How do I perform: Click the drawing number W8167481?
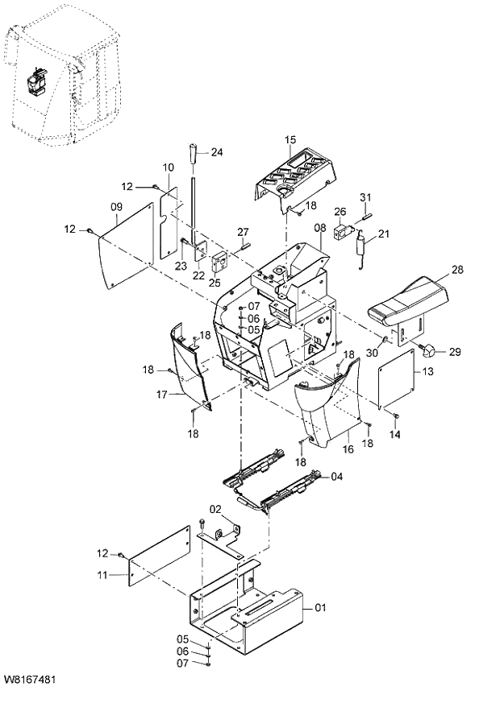29,680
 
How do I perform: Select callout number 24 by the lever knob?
217,151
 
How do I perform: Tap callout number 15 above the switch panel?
290,140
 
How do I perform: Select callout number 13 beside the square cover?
427,371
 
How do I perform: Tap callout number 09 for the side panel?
116,208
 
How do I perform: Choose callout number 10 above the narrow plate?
168,167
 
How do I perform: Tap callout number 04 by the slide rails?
337,477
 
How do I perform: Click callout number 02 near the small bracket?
215,509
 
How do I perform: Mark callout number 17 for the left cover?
160,395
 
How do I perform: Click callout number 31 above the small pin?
365,197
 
